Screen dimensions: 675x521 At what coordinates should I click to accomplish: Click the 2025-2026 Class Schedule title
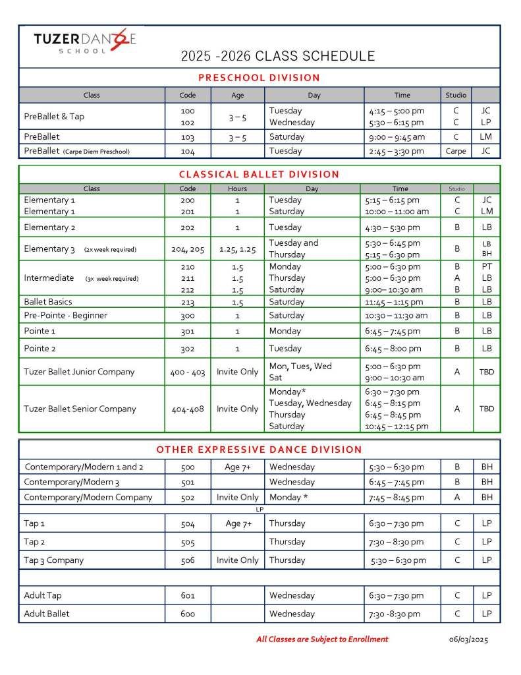(x=277, y=56)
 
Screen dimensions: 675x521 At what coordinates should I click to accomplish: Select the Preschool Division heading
(x=259, y=78)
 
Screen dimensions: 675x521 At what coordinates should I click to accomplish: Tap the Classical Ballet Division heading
(x=259, y=175)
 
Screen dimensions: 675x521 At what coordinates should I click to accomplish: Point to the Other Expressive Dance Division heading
(x=259, y=450)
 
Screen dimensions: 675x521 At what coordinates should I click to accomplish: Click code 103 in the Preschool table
(x=188, y=137)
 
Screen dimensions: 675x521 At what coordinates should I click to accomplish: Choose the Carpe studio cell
(x=456, y=151)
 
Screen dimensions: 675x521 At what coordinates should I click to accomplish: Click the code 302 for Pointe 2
(x=188, y=348)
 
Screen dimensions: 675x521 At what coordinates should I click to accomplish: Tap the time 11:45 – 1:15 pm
(x=393, y=302)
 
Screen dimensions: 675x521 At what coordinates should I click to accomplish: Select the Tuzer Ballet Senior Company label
(x=80, y=409)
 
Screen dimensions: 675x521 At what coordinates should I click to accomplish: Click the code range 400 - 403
(x=188, y=372)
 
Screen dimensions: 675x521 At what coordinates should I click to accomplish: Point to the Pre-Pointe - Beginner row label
(x=65, y=315)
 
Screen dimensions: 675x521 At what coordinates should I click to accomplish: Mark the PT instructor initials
(x=487, y=267)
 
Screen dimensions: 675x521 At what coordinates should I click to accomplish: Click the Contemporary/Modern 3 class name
(x=72, y=482)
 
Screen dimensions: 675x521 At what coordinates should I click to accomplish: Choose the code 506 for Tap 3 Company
(x=188, y=560)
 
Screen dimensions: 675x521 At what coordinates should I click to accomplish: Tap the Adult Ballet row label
(x=47, y=614)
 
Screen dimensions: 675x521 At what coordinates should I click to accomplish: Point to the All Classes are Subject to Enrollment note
(x=322, y=639)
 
